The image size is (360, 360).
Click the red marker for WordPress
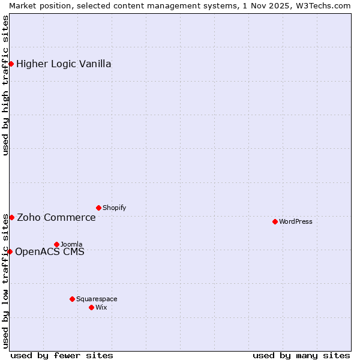[x=275, y=221]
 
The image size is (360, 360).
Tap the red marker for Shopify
[x=98, y=208]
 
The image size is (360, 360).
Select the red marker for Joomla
[x=56, y=244]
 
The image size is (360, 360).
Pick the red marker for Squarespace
[x=72, y=299]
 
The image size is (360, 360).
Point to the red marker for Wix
[x=91, y=307]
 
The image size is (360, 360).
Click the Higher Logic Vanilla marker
[x=11, y=64]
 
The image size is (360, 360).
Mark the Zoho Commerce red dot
[x=11, y=217]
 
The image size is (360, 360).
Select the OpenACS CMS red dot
[x=10, y=251]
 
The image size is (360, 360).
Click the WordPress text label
[x=296, y=221]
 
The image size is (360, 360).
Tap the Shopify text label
[x=114, y=208]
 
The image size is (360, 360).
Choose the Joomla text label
[x=71, y=244]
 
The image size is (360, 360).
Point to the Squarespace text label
[x=97, y=299]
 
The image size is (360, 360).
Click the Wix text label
[x=101, y=307]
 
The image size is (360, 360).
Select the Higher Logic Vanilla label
[x=64, y=64]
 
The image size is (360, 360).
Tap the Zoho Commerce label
[x=56, y=217]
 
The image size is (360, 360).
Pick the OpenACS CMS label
[x=50, y=251]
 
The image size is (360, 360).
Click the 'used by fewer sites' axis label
[x=62, y=355]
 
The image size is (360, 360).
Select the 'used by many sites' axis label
[x=301, y=355]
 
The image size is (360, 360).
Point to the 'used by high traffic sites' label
[x=5, y=85]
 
